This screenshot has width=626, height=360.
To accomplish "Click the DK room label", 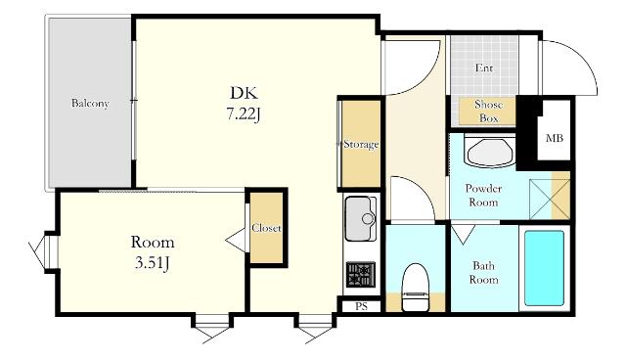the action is (244, 93).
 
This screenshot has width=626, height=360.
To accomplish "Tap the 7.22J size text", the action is (244, 114).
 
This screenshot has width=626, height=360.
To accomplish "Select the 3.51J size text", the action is (153, 263).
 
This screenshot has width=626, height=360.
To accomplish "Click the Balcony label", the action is (90, 104).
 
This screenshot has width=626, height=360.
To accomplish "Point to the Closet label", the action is (266, 228).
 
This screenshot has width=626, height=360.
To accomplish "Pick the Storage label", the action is (361, 144).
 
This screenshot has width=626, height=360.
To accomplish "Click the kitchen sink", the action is (361, 219).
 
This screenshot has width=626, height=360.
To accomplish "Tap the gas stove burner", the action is (361, 275).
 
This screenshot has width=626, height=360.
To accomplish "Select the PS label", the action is (361, 306).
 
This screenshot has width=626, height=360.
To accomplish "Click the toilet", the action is (415, 288).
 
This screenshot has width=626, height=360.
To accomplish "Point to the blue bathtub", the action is (544, 268).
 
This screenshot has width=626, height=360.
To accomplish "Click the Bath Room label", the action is (483, 273).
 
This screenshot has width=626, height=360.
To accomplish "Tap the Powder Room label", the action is (483, 196).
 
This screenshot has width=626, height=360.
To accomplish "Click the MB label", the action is (555, 139).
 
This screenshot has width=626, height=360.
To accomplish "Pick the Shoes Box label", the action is (488, 112).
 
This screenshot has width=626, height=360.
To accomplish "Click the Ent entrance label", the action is (484, 68).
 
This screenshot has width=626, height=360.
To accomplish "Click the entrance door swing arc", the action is (584, 61).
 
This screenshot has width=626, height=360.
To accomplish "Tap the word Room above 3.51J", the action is (153, 243).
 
